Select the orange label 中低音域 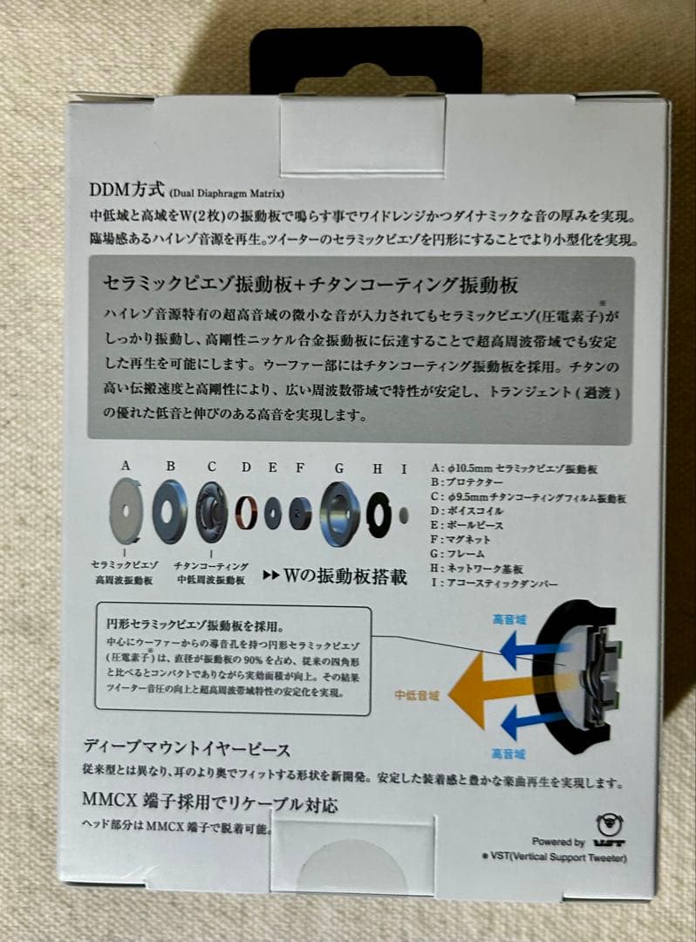click(415, 695)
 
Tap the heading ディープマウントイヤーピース click(187, 747)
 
